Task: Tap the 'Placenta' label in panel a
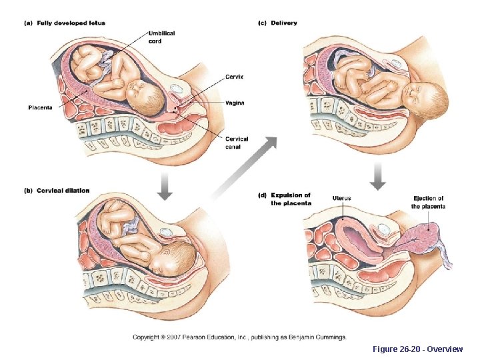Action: click(40, 108)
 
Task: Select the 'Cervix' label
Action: click(234, 77)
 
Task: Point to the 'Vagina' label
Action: click(235, 103)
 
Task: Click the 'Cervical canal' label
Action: click(237, 143)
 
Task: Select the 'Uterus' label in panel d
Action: click(341, 198)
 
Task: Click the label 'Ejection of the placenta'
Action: click(429, 202)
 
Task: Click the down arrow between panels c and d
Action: click(377, 177)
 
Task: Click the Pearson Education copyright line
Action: click(239, 337)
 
